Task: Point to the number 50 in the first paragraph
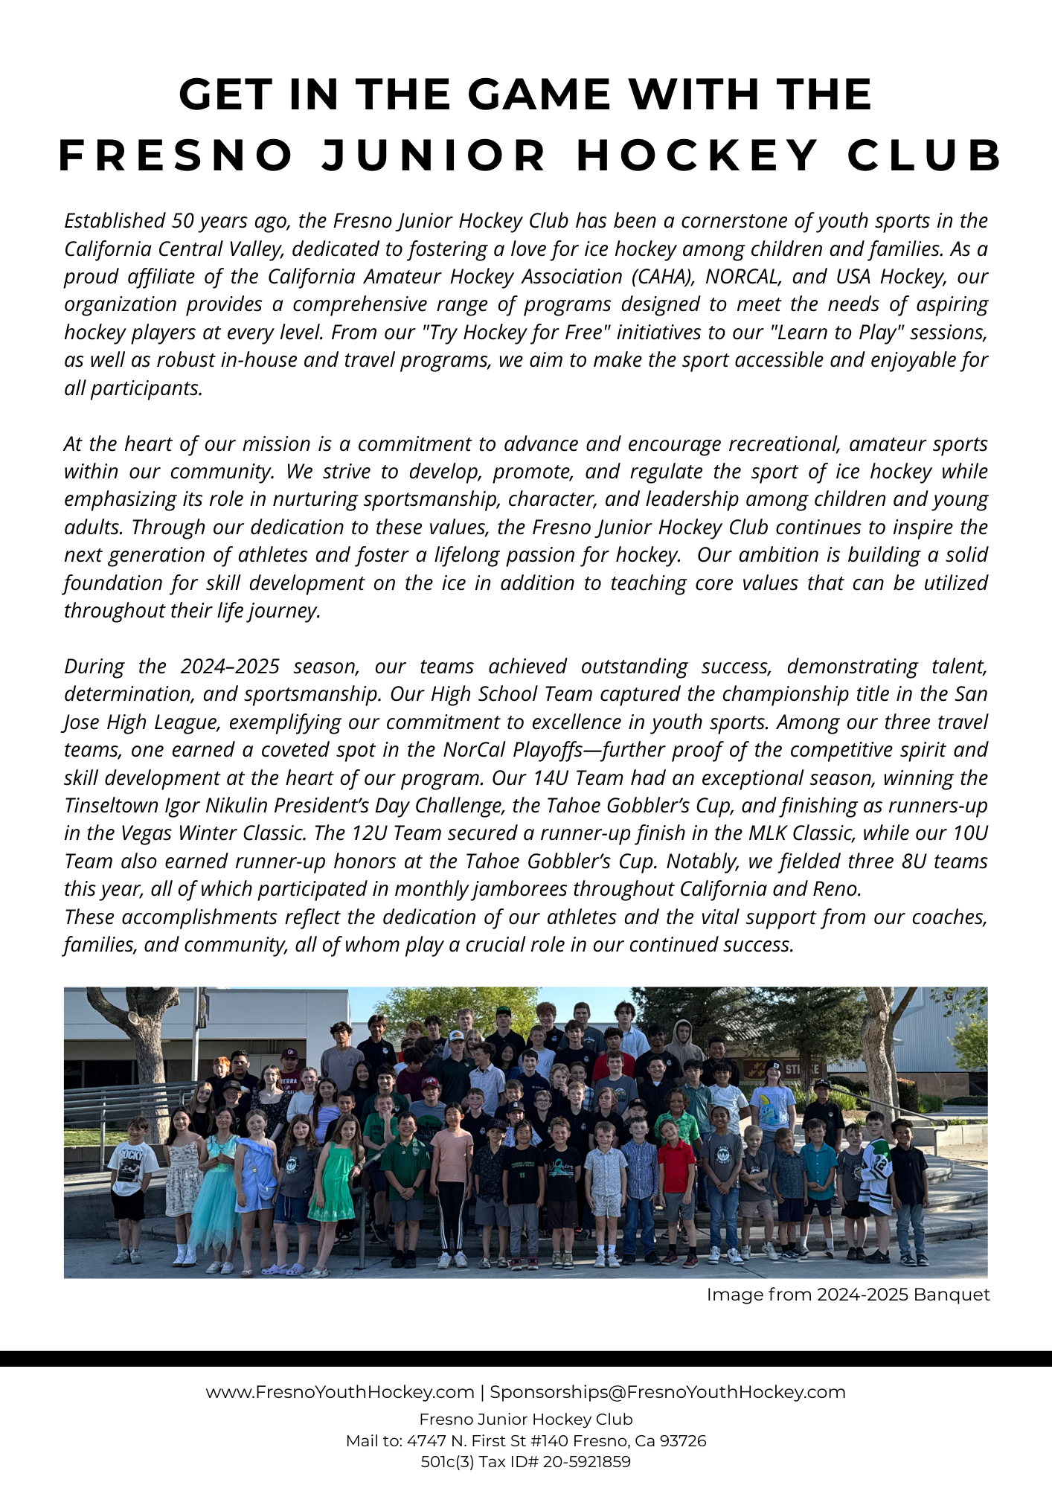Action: pyautogui.click(x=182, y=221)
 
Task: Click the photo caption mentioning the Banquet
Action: pyautogui.click(x=847, y=1295)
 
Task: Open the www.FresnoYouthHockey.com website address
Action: pyautogui.click(x=340, y=1392)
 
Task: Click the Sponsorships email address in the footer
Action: pyautogui.click(x=667, y=1392)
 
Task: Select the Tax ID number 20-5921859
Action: pyautogui.click(x=586, y=1461)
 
